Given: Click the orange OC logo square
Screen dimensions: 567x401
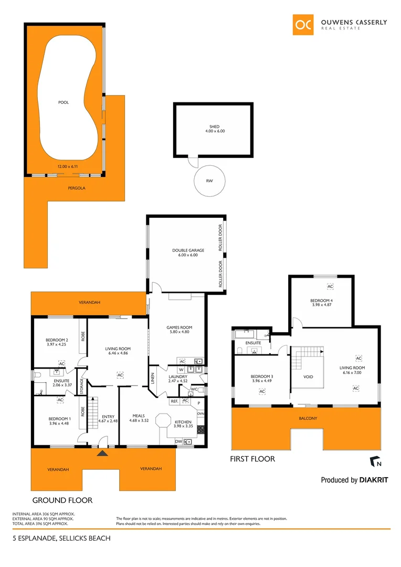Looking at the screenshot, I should point(303,25).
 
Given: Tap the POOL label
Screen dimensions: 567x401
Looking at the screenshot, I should point(64,102).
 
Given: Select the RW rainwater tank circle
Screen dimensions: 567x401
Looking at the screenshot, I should point(209,181).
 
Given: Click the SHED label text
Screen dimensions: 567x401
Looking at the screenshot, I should point(214,127).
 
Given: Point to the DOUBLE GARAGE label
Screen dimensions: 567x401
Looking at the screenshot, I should point(188,250).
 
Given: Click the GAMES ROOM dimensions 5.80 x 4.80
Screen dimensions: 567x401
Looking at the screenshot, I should point(177,332).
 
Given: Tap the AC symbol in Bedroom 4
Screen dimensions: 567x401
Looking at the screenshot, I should point(330,287).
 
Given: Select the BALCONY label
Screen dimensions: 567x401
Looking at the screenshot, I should point(309,418).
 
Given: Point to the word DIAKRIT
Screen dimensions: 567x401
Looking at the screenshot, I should point(374,480).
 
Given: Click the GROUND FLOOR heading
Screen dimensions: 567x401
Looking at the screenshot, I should point(62,500).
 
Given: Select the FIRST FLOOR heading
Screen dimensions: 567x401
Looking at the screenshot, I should point(252,459).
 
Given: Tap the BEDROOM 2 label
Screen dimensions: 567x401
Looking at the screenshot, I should point(57,340).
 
